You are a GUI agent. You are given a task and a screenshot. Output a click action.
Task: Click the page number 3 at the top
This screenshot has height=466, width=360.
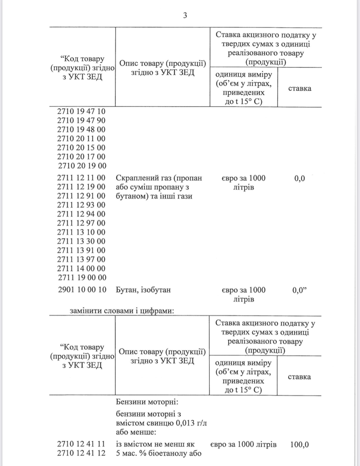[x=185, y=15]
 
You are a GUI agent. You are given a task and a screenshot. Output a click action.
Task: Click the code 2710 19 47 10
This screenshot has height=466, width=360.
[x=81, y=111]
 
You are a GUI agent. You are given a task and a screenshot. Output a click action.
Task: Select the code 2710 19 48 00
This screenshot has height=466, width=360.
[x=81, y=130]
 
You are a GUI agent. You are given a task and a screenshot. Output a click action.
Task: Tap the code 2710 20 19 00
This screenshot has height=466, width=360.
[x=82, y=166]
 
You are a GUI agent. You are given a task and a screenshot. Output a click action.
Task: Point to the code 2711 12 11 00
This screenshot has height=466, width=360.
[x=81, y=178]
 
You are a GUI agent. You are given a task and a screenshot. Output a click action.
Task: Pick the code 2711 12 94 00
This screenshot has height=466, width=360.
[x=81, y=214]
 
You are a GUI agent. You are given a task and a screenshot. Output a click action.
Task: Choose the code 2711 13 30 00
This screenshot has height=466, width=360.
[x=81, y=241]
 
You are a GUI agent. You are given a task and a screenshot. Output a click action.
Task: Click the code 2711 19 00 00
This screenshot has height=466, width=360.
[x=82, y=277]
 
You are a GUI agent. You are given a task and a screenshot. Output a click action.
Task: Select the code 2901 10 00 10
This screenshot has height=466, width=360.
[x=82, y=290]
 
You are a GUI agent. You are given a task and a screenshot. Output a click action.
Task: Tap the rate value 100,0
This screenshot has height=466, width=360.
[x=300, y=445]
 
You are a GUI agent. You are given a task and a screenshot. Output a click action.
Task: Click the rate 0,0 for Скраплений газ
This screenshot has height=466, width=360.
[x=300, y=178]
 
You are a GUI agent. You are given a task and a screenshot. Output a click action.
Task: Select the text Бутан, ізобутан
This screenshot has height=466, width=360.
[x=143, y=290]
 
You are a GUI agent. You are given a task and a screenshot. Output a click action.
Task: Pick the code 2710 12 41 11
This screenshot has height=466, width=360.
[x=81, y=444]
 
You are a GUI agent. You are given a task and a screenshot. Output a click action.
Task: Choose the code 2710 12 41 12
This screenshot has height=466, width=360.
[x=81, y=453]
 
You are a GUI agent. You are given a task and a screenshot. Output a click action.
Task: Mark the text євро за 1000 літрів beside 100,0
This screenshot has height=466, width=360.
[x=243, y=445]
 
